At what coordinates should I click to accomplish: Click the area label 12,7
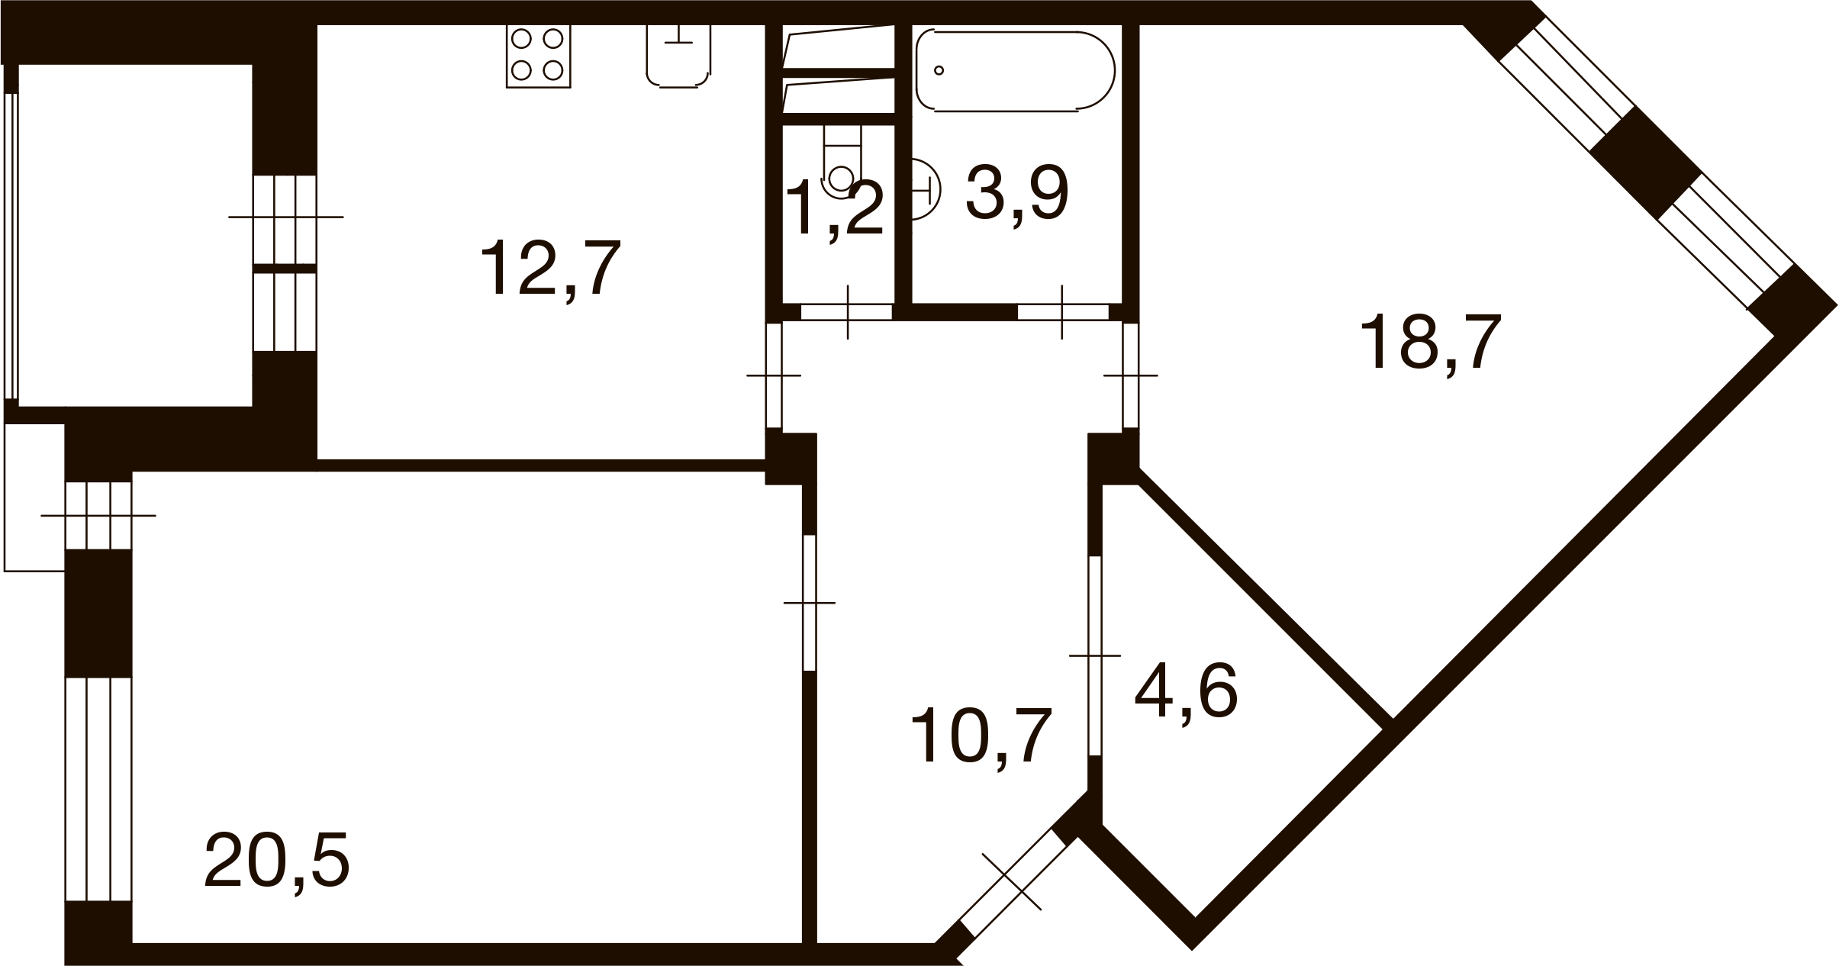[550, 267]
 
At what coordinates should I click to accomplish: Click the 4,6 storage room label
[1186, 692]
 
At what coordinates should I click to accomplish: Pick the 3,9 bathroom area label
[1016, 195]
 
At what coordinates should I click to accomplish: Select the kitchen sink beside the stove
[678, 56]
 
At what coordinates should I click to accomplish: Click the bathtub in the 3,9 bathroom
[1016, 70]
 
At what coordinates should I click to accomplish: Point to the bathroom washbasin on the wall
[926, 188]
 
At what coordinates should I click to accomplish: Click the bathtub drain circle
[939, 70]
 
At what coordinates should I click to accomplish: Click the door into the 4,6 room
[1095, 655]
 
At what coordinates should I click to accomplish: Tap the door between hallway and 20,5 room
[810, 603]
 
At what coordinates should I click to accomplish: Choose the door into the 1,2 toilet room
[847, 312]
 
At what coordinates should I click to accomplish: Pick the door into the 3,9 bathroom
[1063, 312]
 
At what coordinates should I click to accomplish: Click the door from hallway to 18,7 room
[1131, 375]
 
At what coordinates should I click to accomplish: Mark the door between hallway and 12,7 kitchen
[774, 375]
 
